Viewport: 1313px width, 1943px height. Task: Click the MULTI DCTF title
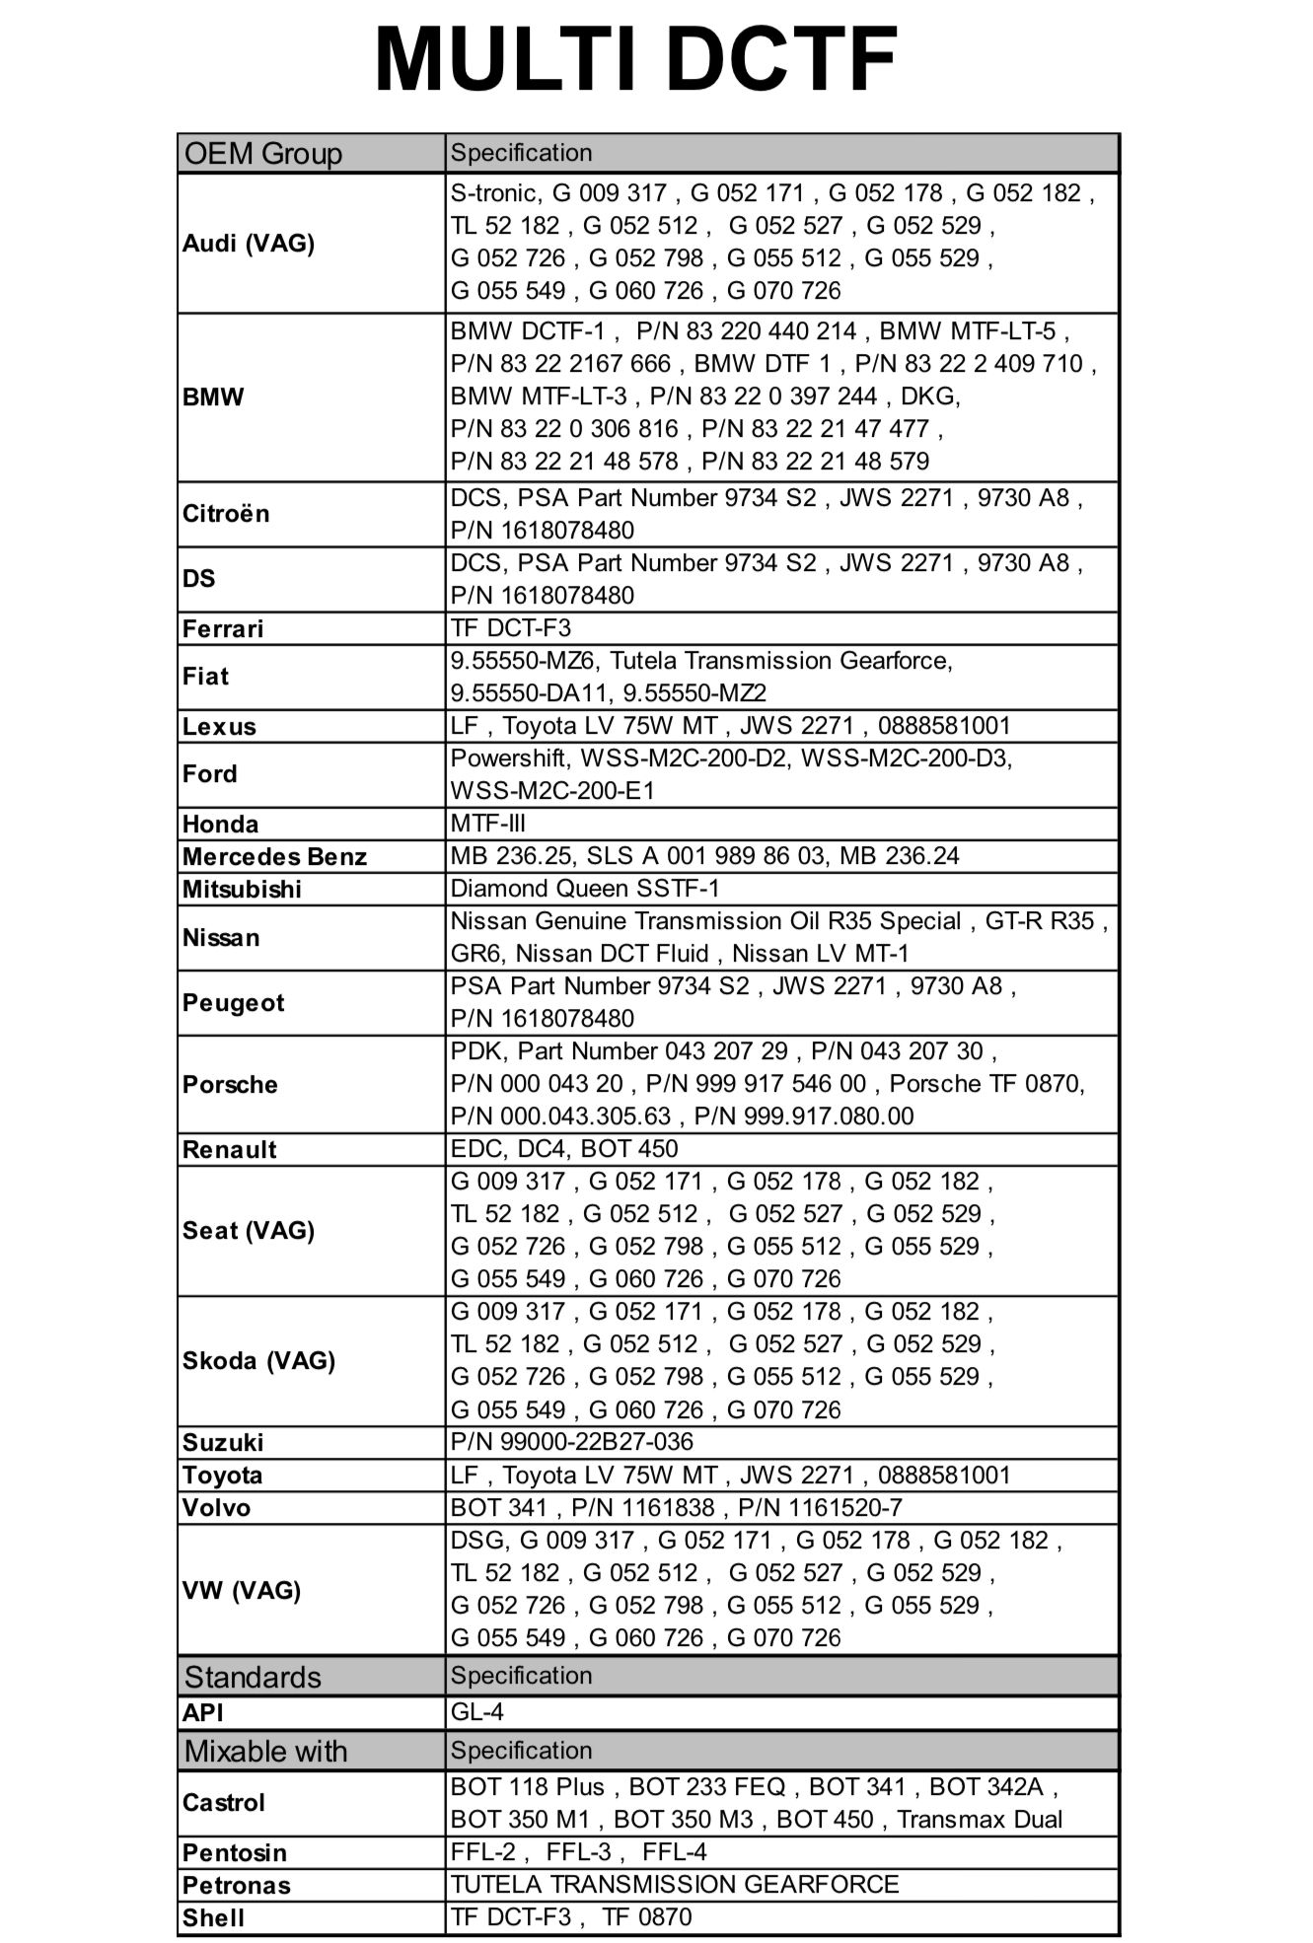click(635, 59)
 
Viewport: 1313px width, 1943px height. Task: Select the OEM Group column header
click(262, 154)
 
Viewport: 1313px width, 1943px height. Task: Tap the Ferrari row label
click(223, 628)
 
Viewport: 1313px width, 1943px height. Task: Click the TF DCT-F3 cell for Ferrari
click(511, 628)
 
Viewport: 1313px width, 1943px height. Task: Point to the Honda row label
click(220, 824)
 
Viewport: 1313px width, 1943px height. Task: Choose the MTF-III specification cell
click(488, 824)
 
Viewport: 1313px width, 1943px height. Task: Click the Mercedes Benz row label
click(274, 856)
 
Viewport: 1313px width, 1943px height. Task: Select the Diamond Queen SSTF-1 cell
click(585, 889)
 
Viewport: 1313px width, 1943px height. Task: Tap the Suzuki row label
click(223, 1442)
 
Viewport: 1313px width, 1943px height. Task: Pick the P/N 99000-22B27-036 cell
click(572, 1442)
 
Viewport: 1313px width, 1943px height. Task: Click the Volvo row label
click(216, 1507)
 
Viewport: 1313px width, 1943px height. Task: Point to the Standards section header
click(253, 1677)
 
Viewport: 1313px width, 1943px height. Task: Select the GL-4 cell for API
click(477, 1712)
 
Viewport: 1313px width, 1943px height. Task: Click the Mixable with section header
click(265, 1751)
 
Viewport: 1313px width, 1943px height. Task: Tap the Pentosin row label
click(235, 1852)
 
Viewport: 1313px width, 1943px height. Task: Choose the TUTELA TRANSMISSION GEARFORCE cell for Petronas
click(675, 1885)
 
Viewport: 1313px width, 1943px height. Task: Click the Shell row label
click(213, 1917)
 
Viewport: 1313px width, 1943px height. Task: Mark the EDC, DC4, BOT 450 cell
click(564, 1149)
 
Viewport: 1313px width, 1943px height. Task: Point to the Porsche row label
click(230, 1084)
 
